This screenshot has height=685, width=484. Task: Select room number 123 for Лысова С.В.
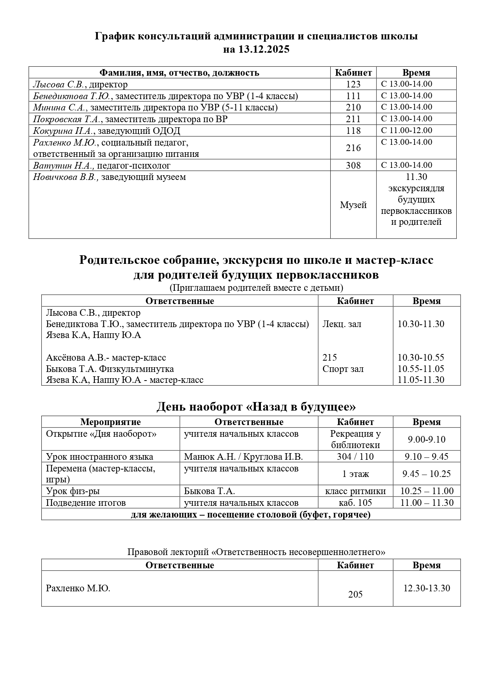pyautogui.click(x=353, y=84)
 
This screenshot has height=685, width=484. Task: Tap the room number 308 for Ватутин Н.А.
pyautogui.click(x=353, y=165)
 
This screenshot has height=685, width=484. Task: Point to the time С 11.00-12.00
pyautogui.click(x=406, y=130)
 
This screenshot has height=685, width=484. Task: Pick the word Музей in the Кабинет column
pyautogui.click(x=353, y=205)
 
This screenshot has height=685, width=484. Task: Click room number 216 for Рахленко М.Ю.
pyautogui.click(x=353, y=148)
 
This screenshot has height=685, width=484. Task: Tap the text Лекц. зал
pyautogui.click(x=342, y=324)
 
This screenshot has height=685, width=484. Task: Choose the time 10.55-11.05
pyautogui.click(x=421, y=369)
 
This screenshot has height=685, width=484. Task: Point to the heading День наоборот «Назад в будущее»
pyautogui.click(x=256, y=407)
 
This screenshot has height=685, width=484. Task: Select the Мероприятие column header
pyautogui.click(x=110, y=422)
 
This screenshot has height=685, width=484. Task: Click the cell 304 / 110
pyautogui.click(x=355, y=457)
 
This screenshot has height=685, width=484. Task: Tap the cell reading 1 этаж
pyautogui.click(x=355, y=474)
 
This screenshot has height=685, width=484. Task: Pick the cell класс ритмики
pyautogui.click(x=355, y=491)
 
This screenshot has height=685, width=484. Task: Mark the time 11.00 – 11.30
pyautogui.click(x=427, y=503)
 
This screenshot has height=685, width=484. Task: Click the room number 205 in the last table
pyautogui.click(x=355, y=594)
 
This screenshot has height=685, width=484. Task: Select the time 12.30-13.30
pyautogui.click(x=427, y=588)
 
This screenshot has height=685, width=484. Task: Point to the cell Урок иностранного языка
pyautogui.click(x=99, y=457)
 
